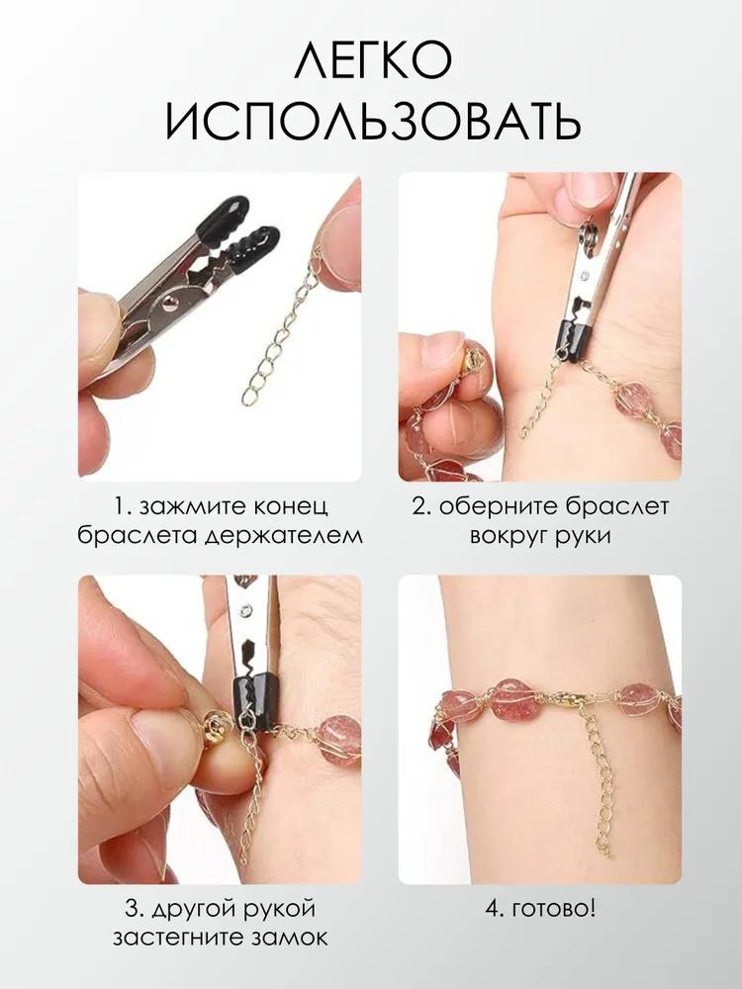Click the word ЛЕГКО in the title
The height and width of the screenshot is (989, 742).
(371, 61)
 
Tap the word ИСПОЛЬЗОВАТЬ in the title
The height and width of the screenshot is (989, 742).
(371, 125)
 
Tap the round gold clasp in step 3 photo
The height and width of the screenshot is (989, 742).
(213, 729)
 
